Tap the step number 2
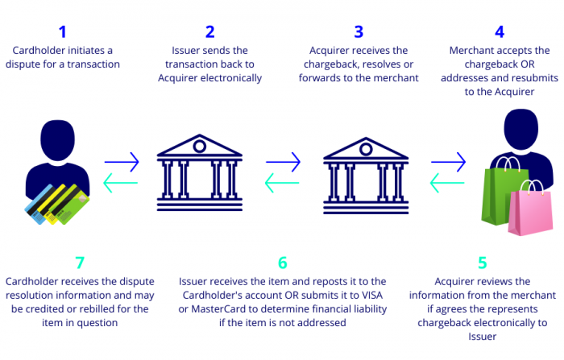click(x=210, y=32)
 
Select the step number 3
click(x=359, y=32)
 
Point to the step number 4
click(x=500, y=32)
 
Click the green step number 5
click(x=482, y=263)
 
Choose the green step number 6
click(x=282, y=263)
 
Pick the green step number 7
click(x=79, y=263)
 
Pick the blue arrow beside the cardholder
click(x=122, y=161)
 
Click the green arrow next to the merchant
click(x=448, y=184)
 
